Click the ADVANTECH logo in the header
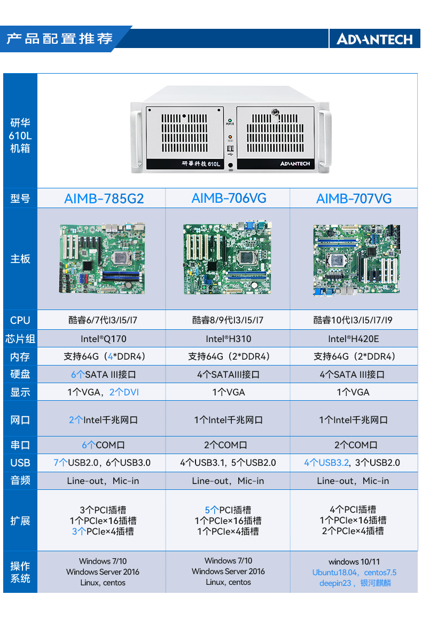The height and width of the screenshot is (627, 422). pyautogui.click(x=374, y=39)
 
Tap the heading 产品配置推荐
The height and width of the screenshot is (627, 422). pyautogui.click(x=59, y=38)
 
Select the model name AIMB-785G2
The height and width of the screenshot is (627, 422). pyautogui.click(x=104, y=199)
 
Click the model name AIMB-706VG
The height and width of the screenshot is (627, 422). pyautogui.click(x=229, y=199)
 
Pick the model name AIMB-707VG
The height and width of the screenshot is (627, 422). pyautogui.click(x=354, y=199)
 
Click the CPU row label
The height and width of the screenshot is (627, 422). pyautogui.click(x=20, y=320)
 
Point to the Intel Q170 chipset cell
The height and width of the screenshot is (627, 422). pyautogui.click(x=104, y=339)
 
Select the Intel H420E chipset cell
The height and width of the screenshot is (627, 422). pyautogui.click(x=354, y=339)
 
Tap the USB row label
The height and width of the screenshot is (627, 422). pyautogui.click(x=20, y=463)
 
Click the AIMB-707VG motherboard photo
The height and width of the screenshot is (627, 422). pyautogui.click(x=356, y=260)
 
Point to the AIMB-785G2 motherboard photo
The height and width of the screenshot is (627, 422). pyautogui.click(x=102, y=259)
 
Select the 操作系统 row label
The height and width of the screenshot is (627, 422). pyautogui.click(x=20, y=572)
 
